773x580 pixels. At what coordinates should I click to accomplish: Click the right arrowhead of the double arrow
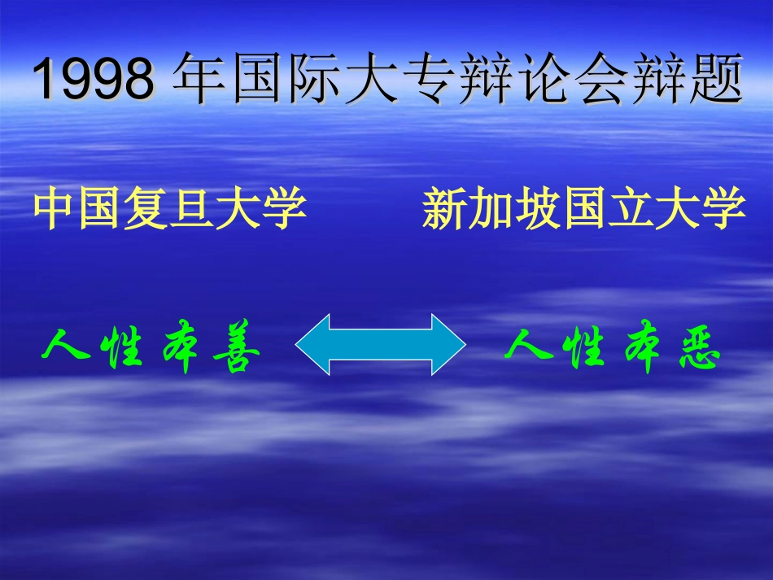coord(445,345)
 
